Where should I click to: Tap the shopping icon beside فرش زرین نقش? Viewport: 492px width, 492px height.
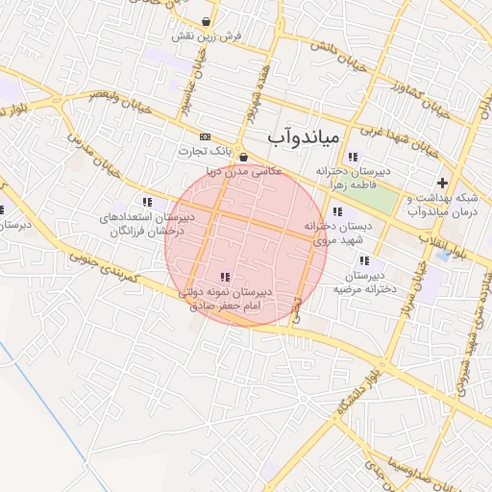(x=208, y=21)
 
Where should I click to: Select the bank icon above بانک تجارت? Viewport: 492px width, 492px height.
(x=205, y=136)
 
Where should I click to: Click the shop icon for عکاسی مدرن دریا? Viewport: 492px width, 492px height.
(x=242, y=158)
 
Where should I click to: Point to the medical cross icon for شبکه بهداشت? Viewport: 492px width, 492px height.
(x=442, y=183)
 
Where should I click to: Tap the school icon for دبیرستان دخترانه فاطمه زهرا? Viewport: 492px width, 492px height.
(x=353, y=157)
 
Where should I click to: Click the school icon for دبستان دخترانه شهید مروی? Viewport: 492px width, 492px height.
(x=336, y=211)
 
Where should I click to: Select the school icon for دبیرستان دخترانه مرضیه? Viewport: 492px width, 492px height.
(x=363, y=260)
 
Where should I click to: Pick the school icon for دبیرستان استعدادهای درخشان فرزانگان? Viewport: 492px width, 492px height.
(x=147, y=202)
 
